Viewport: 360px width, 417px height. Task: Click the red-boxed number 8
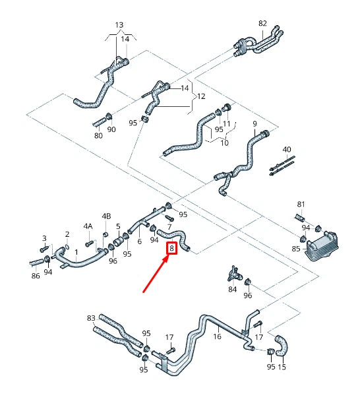[x=172, y=249]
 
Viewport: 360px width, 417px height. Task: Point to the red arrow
[x=156, y=276]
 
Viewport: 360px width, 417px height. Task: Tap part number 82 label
[x=262, y=23]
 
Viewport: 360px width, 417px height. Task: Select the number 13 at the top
[x=119, y=25]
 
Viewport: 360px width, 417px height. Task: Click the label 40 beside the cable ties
[x=286, y=149]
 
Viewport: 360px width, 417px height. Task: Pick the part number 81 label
[x=301, y=204]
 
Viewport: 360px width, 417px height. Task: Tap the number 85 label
[x=296, y=248]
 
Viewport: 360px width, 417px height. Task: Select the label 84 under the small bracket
[x=232, y=289]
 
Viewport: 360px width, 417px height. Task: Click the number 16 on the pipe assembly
[x=217, y=337]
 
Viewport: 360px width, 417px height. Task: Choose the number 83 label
[x=91, y=318]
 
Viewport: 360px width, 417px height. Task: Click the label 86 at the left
[x=36, y=275]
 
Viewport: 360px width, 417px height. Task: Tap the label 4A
[x=88, y=226]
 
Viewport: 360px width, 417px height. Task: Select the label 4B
[x=106, y=216]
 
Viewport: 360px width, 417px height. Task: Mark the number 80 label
[x=98, y=136]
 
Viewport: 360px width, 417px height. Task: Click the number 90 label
[x=111, y=129]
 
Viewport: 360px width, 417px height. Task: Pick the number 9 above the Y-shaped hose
[x=255, y=123]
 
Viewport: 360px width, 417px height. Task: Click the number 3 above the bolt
[x=44, y=238]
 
